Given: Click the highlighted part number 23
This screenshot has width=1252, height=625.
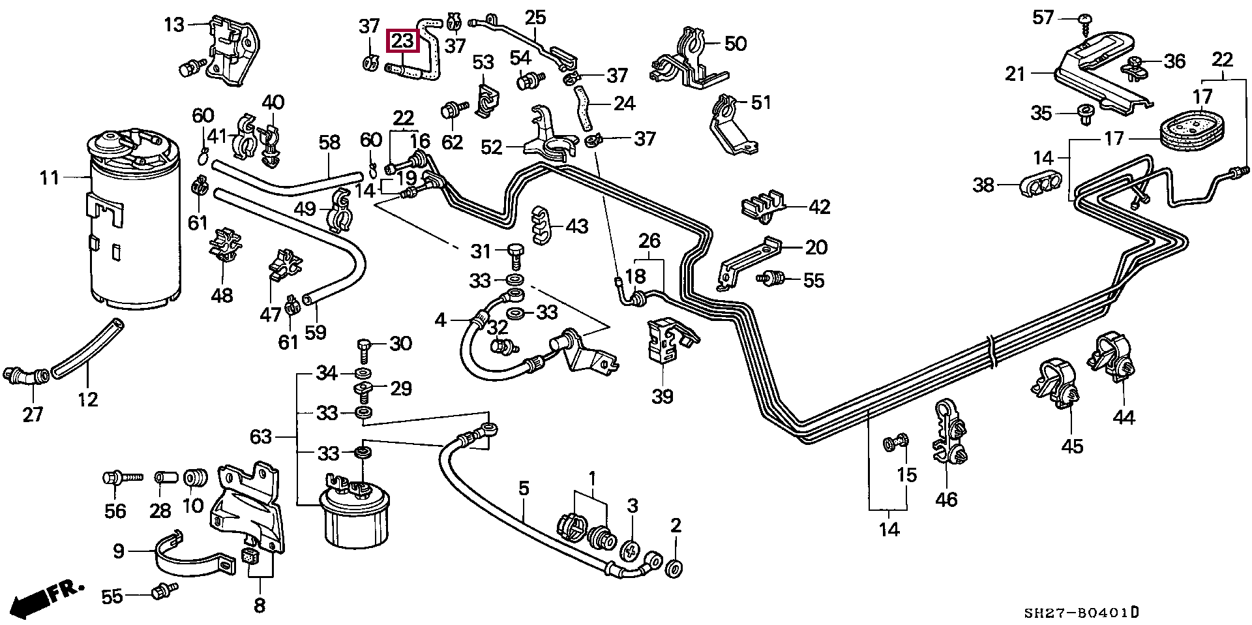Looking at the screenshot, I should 403,41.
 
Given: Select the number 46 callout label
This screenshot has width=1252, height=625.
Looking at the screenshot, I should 946,499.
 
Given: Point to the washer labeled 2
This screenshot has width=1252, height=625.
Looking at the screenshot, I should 676,567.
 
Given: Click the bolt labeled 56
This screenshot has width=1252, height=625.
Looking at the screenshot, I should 122,478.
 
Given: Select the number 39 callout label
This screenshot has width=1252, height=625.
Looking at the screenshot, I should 663,396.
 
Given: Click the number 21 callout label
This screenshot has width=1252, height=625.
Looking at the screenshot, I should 1015,74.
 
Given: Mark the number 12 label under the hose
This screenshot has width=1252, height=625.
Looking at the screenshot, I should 87,398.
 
